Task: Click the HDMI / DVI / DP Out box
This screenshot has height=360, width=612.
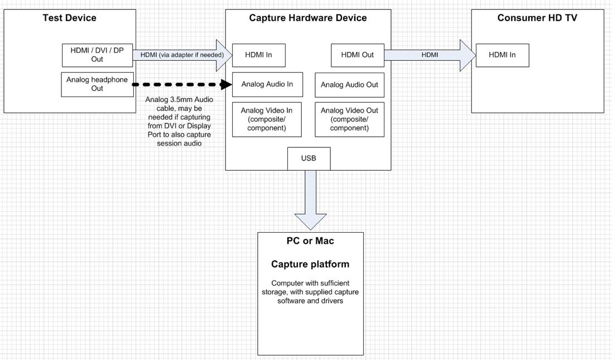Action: click(x=97, y=55)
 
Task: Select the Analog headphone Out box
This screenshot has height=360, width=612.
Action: click(x=97, y=84)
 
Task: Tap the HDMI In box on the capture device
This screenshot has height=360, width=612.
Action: click(x=258, y=55)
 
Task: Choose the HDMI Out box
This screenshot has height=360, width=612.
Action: click(x=357, y=55)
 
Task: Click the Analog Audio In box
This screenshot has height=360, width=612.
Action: click(x=267, y=85)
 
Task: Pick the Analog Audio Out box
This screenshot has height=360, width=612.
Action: click(x=349, y=85)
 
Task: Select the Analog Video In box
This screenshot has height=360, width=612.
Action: click(x=267, y=119)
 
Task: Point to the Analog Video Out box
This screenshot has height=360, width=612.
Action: click(x=349, y=119)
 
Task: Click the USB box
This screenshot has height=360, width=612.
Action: click(x=309, y=159)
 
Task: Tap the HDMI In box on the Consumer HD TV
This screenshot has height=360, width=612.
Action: click(x=502, y=55)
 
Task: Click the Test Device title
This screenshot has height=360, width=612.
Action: click(x=69, y=18)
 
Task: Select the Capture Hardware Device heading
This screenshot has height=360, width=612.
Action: click(x=308, y=18)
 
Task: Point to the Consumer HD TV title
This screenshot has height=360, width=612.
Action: click(x=537, y=18)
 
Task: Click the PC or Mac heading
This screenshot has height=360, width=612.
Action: click(x=310, y=241)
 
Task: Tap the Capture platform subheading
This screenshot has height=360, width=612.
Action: click(x=310, y=264)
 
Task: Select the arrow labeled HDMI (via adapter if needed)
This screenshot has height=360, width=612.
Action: click(x=182, y=55)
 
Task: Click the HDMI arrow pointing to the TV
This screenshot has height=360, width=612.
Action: click(x=430, y=55)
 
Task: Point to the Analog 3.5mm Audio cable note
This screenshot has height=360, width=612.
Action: click(x=179, y=121)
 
